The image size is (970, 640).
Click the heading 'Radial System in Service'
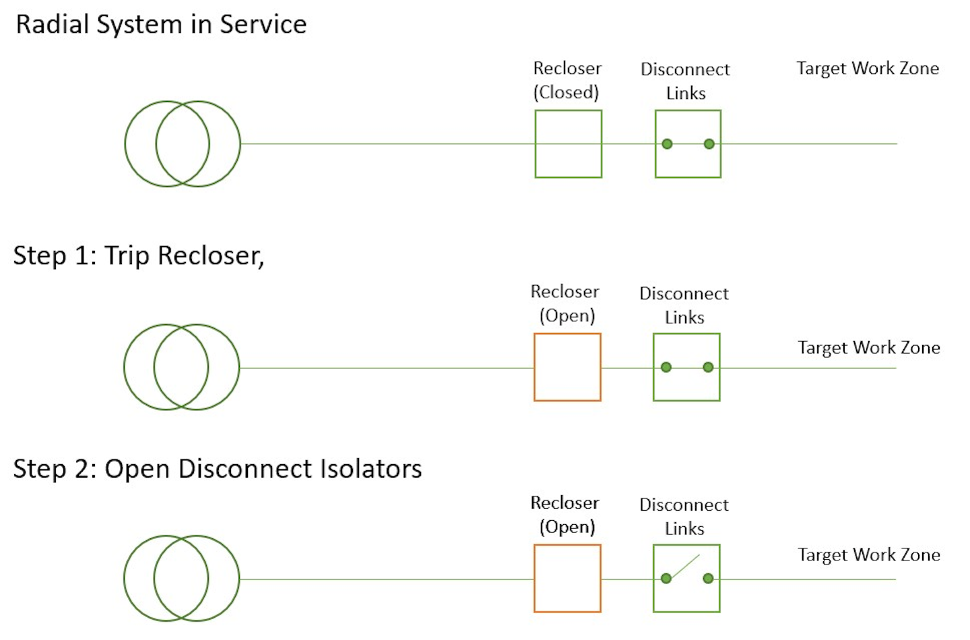tap(161, 25)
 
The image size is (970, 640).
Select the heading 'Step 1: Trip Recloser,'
tap(139, 256)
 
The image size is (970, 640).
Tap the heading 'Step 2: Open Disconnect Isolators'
tap(217, 469)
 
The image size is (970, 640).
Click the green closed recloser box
tap(568, 144)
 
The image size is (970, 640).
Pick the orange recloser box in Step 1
tap(567, 367)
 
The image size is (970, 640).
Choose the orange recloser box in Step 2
tap(567, 578)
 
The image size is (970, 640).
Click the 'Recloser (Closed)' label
tap(567, 80)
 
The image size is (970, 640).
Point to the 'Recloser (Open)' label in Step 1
tap(565, 304)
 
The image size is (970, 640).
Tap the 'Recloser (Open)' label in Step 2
tap(565, 515)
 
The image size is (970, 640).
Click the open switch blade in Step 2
tap(685, 567)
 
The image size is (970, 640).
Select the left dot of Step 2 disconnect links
tap(666, 578)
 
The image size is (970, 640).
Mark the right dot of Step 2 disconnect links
tap(708, 578)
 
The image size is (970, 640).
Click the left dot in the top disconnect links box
tap(667, 143)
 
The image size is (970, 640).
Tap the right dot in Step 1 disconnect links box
tap(708, 367)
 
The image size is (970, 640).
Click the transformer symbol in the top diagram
tap(183, 143)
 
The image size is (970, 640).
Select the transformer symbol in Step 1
tap(182, 367)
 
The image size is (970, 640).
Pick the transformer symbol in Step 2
tap(182, 578)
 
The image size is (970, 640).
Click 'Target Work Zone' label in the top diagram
tap(868, 69)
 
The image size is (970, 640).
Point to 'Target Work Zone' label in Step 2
tap(869, 555)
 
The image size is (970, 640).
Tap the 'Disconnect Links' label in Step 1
tap(684, 305)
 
